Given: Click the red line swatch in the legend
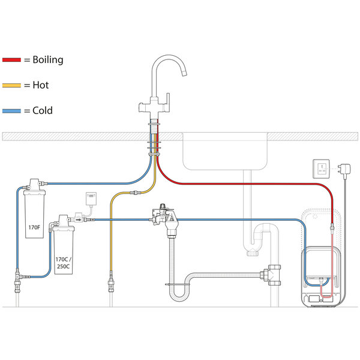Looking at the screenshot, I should (x=12, y=60).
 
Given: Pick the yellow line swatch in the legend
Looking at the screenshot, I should (x=12, y=85).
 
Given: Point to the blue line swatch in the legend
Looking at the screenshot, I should (x=12, y=110).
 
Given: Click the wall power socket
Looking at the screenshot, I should (x=321, y=169).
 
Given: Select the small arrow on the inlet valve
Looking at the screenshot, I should (x=79, y=220).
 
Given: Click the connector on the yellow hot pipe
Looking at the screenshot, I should (x=137, y=192).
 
